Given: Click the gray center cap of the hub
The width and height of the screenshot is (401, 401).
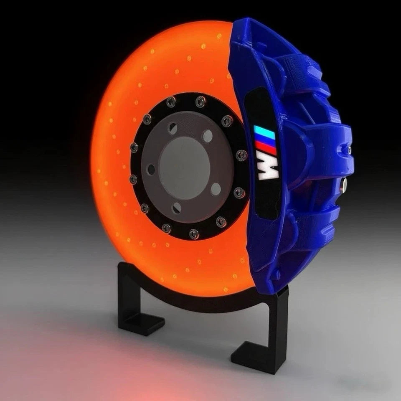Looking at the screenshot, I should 184,167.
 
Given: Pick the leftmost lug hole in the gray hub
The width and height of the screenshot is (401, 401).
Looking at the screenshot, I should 151,170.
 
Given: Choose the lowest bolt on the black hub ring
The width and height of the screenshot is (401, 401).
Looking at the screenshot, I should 194,234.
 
